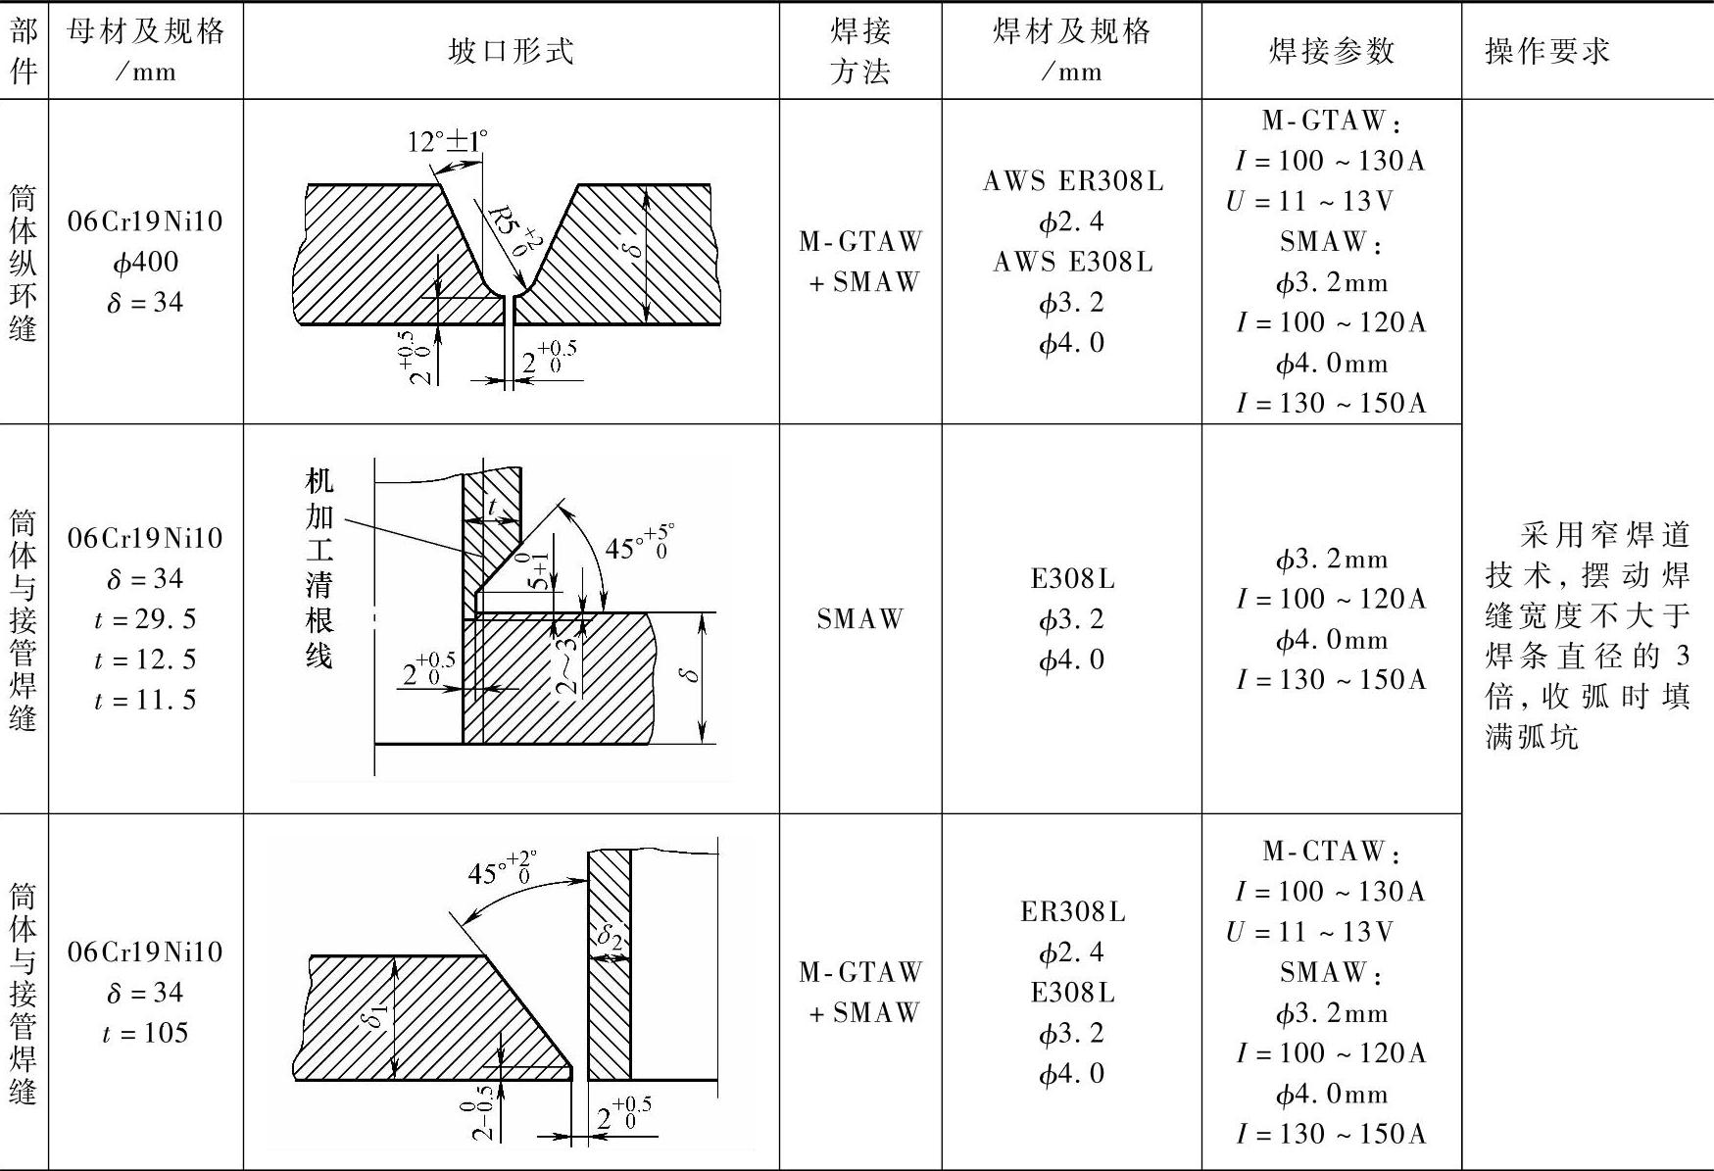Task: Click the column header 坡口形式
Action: (x=510, y=51)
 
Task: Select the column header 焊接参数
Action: (x=1331, y=51)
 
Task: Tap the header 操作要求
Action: (x=1547, y=51)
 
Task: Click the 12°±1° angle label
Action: (x=447, y=142)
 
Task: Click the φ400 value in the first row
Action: (x=145, y=262)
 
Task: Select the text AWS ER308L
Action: (x=1072, y=181)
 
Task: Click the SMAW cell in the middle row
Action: (x=859, y=618)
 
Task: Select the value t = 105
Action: (x=145, y=1033)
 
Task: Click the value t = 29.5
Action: (x=145, y=618)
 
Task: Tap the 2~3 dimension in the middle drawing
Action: (x=567, y=666)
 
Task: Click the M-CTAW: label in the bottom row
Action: (x=1331, y=851)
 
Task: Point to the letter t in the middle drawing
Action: (x=493, y=507)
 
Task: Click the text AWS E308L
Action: (x=1072, y=262)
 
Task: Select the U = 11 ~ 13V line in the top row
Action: (x=1309, y=201)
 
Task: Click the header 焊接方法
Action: (x=859, y=51)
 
